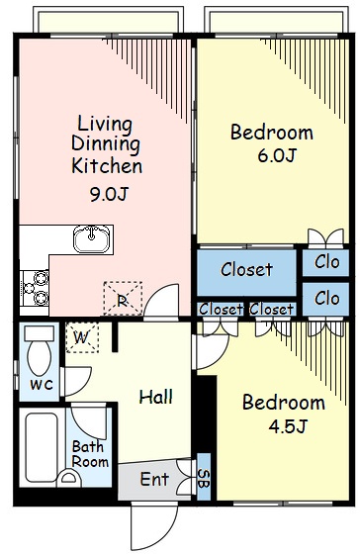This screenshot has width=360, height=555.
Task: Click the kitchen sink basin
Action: tap(91, 239)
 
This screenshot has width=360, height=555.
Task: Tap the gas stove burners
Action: tap(35, 288)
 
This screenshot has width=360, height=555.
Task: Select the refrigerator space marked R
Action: tap(123, 299)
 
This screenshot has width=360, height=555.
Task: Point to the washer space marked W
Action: tap(82, 337)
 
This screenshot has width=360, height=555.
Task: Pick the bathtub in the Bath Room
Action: tap(42, 447)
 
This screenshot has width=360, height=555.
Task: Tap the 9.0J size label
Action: tap(109, 194)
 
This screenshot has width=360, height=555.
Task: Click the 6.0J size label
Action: tap(277, 155)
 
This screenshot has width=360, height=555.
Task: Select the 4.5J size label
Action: tap(287, 426)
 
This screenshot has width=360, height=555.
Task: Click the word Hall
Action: tap(155, 397)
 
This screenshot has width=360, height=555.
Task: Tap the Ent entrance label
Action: tap(154, 479)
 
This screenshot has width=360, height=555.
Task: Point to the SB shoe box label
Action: tap(204, 479)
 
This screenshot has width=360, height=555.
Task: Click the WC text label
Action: tap(42, 385)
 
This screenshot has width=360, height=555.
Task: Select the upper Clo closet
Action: tap(326, 263)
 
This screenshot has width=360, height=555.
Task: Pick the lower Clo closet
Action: tap(326, 299)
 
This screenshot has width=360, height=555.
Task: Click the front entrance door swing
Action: tap(154, 526)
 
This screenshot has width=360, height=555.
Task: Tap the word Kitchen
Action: tap(107, 166)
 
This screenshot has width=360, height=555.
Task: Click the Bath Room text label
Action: tap(90, 454)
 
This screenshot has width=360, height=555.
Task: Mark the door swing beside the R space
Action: tap(161, 301)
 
